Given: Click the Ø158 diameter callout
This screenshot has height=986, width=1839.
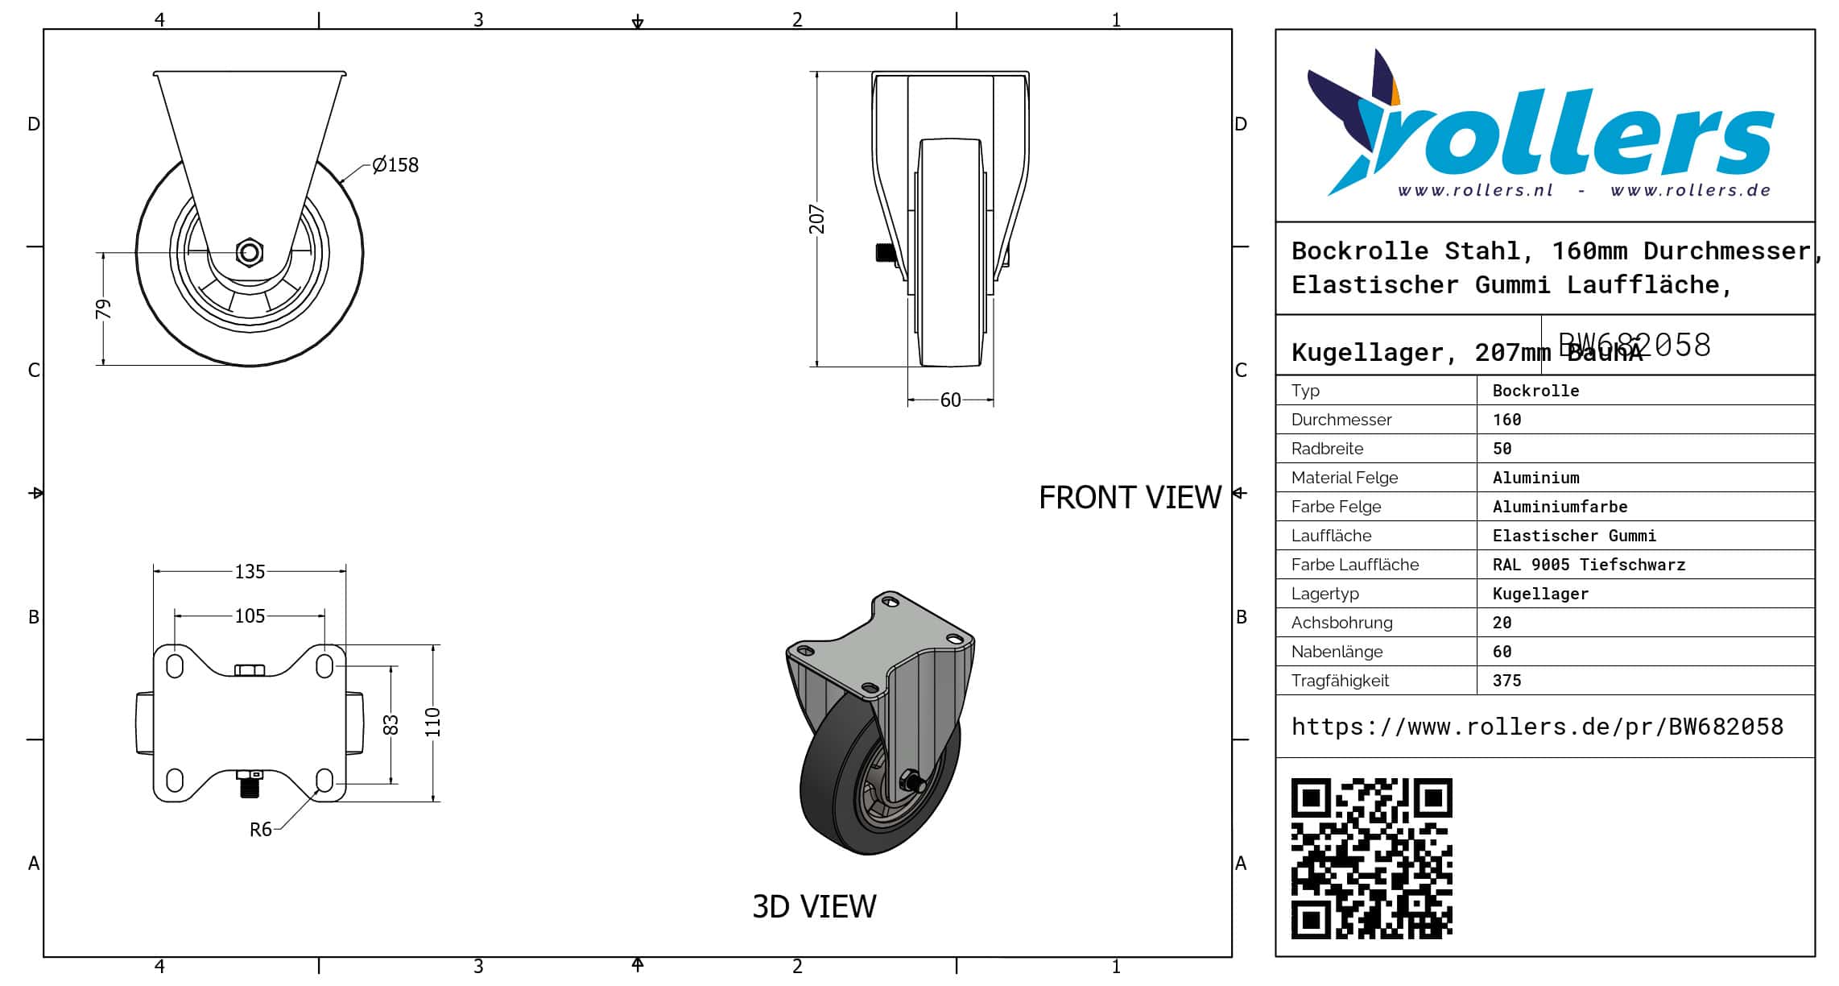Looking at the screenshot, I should [x=395, y=165].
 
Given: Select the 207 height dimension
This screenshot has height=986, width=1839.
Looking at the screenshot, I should [x=817, y=219].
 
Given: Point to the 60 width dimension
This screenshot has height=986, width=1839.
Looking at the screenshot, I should [x=950, y=400].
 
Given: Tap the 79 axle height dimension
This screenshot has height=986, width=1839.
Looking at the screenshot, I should [x=103, y=309].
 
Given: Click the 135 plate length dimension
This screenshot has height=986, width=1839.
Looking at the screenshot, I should [x=250, y=571].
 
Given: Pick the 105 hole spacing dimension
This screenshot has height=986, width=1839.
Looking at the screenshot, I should [x=250, y=616].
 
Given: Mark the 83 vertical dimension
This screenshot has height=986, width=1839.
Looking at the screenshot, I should [x=391, y=725].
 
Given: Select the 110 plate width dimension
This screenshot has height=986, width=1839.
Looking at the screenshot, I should [x=433, y=723].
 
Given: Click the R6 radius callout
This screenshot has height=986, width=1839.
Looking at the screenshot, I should [x=260, y=830].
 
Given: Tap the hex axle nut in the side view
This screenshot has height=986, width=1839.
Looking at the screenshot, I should [x=250, y=252].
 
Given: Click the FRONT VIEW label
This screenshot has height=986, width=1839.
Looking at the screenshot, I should [x=1130, y=498].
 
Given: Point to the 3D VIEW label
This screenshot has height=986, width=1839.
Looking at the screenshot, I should [x=814, y=907].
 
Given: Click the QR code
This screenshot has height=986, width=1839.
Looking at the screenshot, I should [x=1371, y=858].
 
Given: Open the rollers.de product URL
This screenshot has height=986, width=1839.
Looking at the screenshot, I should [x=1537, y=727].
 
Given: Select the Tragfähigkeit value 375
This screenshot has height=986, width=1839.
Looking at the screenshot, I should [x=1506, y=681].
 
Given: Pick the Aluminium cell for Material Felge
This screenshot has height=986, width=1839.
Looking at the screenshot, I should [x=1535, y=478].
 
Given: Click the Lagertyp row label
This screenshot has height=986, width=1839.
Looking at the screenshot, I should [x=1324, y=594].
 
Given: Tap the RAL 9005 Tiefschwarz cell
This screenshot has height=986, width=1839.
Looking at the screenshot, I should [x=1588, y=565].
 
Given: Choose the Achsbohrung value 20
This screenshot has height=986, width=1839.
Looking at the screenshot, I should [x=1502, y=623].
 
